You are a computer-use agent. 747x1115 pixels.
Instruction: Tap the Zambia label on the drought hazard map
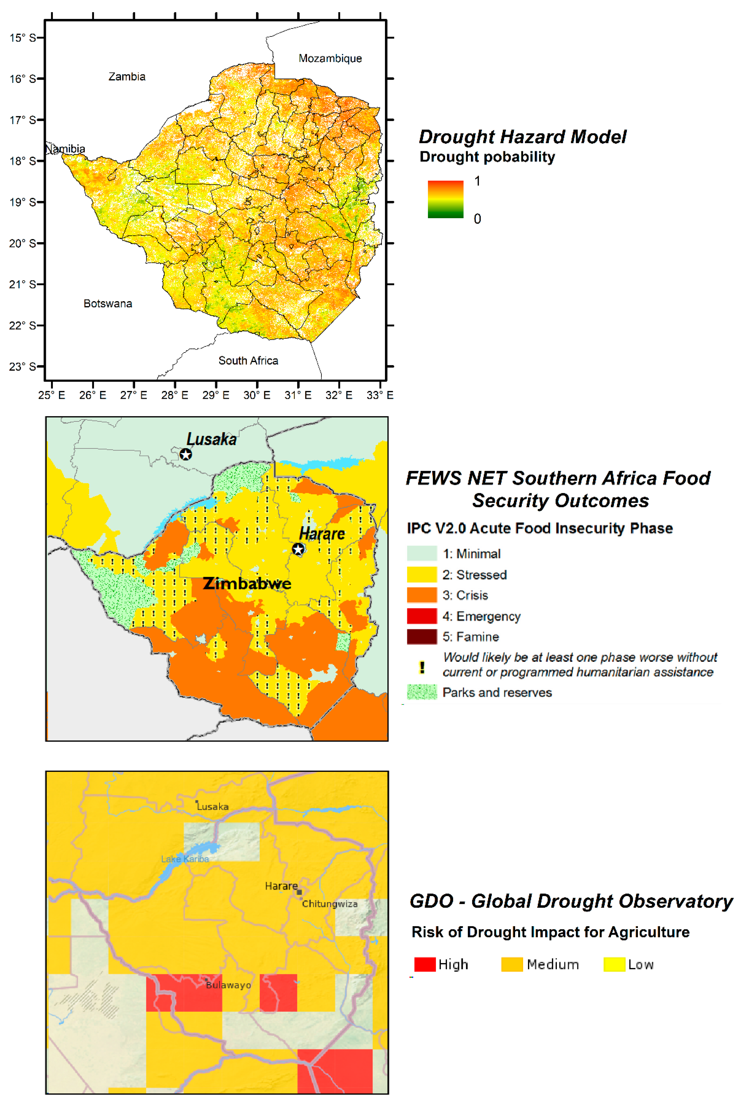click(127, 77)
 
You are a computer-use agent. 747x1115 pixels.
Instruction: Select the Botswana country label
click(108, 304)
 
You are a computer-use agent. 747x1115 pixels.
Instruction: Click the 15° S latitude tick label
click(22, 38)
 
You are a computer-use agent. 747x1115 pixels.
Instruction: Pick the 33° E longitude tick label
click(380, 395)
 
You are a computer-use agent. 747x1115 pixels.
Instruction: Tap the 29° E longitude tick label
click(216, 395)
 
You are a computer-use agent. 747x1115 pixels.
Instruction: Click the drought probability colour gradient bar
click(445, 199)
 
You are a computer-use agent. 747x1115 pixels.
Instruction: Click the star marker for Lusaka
click(186, 454)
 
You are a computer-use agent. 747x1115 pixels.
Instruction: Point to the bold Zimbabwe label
click(247, 583)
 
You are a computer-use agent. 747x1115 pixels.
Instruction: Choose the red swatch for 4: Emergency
click(422, 616)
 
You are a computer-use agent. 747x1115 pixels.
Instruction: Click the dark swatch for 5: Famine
click(422, 636)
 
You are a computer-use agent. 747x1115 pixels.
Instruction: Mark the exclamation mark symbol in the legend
click(422, 667)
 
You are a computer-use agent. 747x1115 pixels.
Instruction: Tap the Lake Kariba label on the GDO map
click(185, 859)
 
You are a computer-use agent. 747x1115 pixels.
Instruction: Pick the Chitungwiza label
click(330, 904)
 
